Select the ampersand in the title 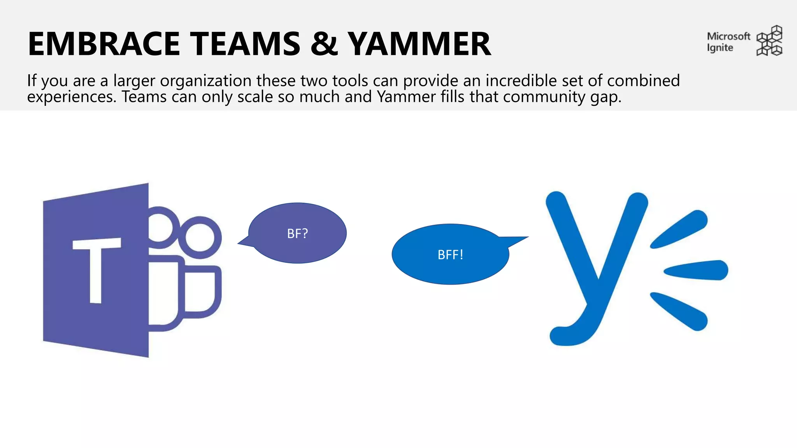324,44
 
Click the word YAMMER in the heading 419,44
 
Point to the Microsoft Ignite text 728,42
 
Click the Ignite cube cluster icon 769,41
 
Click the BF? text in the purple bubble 297,233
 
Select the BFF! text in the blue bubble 450,255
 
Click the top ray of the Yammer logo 679,229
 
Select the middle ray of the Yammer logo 697,270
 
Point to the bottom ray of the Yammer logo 679,311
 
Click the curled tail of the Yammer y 564,334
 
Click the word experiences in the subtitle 71,97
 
